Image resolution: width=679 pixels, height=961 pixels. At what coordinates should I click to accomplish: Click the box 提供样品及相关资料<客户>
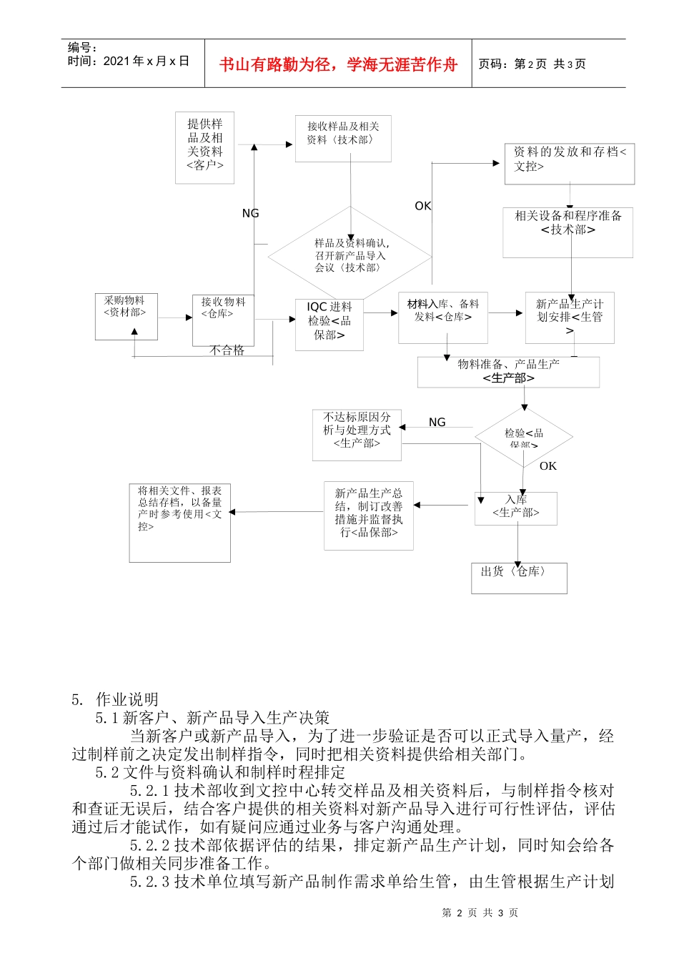[205, 147]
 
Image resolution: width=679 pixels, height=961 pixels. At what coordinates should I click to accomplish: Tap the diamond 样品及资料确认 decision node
[350, 255]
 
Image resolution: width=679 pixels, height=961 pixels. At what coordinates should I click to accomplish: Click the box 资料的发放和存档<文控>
[569, 164]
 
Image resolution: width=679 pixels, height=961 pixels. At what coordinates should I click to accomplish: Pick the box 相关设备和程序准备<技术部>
[568, 232]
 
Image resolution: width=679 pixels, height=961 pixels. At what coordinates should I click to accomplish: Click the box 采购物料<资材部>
[126, 316]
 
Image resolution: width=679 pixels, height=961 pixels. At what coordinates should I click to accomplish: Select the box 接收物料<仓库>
[223, 320]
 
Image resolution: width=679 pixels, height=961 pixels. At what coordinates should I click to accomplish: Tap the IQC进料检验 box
[329, 324]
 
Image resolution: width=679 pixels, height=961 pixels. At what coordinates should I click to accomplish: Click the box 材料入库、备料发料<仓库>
[443, 317]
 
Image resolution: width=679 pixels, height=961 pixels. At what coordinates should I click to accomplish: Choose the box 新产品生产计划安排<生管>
[570, 317]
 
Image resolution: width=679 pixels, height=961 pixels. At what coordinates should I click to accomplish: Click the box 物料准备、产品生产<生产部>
[508, 372]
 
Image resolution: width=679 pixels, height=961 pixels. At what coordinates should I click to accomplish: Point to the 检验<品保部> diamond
[524, 436]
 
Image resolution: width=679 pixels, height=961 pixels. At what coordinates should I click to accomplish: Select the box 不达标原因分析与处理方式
[357, 435]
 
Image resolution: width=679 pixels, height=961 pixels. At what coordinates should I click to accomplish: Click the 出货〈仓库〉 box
[519, 578]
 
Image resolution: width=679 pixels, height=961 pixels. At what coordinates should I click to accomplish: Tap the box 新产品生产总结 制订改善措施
[369, 515]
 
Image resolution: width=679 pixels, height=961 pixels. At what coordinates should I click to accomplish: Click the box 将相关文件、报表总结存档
[180, 522]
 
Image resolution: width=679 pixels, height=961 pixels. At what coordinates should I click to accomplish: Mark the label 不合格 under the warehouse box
[227, 350]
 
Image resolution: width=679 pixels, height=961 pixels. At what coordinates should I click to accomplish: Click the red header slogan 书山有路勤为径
[338, 64]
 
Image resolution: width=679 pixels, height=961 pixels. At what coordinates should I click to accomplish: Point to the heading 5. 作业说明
[115, 699]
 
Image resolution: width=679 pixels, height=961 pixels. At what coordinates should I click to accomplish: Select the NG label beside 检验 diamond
[437, 423]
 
